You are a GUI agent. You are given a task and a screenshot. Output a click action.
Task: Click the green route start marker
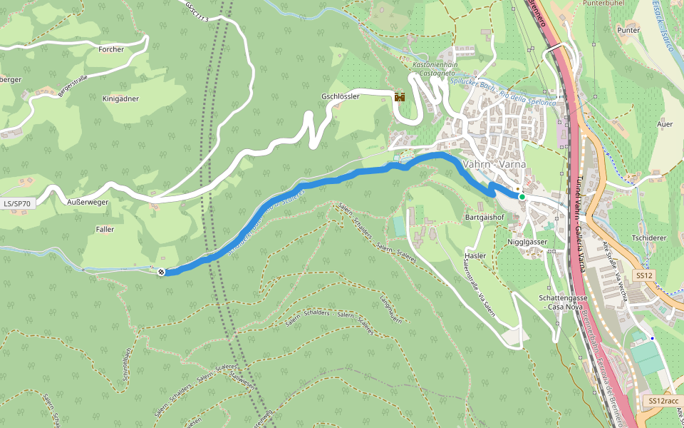[522, 197]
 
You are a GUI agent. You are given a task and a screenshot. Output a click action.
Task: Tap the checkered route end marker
[162, 271]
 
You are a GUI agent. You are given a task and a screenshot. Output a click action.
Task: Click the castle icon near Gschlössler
[400, 97]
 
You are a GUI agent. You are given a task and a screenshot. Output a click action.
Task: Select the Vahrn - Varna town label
[494, 164]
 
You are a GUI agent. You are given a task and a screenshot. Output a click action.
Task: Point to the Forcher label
[112, 49]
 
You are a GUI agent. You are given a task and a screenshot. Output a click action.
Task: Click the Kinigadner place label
[120, 98]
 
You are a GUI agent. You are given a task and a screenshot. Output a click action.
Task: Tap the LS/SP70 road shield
[17, 204]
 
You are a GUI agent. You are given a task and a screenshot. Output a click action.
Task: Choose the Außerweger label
[87, 203]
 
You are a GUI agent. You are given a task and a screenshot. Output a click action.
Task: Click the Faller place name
[105, 229]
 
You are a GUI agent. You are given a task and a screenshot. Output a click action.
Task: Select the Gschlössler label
[341, 96]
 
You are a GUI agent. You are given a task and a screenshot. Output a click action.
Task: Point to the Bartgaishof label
[484, 216]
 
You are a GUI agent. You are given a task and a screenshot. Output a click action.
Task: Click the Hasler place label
[475, 255]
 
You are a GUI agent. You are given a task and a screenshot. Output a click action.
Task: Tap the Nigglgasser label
[527, 242]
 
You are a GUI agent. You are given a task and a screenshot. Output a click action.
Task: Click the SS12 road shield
[644, 275]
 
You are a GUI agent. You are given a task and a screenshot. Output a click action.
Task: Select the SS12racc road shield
[663, 402]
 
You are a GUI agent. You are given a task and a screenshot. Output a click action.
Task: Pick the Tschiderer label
[648, 238]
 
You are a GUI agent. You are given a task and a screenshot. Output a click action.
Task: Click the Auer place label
[664, 124]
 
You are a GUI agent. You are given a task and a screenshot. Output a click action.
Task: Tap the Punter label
[628, 31]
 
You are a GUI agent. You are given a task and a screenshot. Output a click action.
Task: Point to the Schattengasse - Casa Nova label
[563, 302]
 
